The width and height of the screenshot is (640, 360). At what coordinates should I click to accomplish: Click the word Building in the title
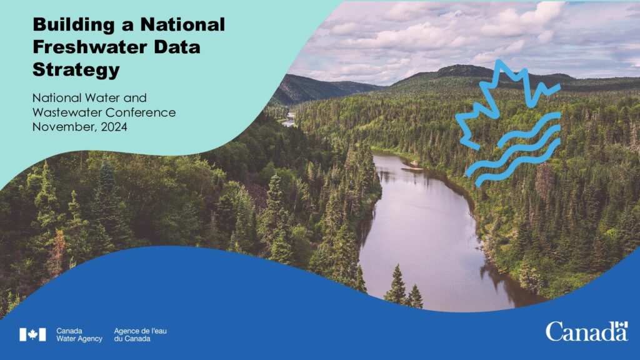(74, 25)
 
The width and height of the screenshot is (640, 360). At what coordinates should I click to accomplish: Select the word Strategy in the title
(76, 70)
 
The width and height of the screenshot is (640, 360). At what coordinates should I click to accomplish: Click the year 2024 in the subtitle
(114, 127)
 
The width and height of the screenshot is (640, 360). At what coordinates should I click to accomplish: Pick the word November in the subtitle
(65, 127)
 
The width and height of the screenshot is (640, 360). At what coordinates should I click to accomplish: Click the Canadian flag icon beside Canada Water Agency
(32, 335)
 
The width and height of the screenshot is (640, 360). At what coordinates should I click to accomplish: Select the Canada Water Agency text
(79, 335)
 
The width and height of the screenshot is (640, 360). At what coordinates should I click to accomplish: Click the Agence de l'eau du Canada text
(140, 335)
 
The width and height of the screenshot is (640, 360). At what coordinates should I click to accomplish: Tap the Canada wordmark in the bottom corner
(586, 331)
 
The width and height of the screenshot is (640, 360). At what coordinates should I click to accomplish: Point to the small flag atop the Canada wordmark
(621, 324)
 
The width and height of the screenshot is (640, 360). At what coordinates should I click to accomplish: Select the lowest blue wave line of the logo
(517, 163)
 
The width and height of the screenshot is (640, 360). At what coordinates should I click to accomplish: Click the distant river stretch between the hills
(289, 120)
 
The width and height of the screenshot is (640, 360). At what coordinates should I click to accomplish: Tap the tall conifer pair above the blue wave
(405, 287)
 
